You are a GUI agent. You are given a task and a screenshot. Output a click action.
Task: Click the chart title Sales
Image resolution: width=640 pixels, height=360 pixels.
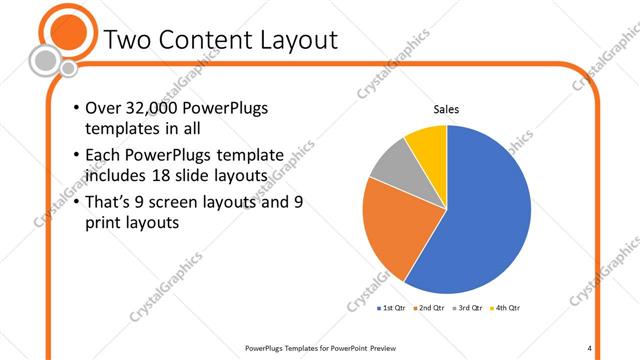pyautogui.click(x=446, y=109)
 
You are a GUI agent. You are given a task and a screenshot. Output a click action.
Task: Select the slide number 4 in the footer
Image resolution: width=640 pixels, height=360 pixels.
pyautogui.click(x=590, y=348)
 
